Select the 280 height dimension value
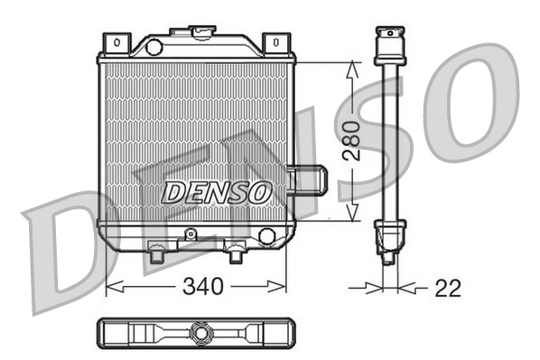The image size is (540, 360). point(353,141)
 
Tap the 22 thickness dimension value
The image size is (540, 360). point(447,288)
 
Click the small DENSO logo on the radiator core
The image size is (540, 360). point(216,191)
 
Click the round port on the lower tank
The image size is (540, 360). point(266,236)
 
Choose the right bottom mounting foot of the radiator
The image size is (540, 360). point(236,256)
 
